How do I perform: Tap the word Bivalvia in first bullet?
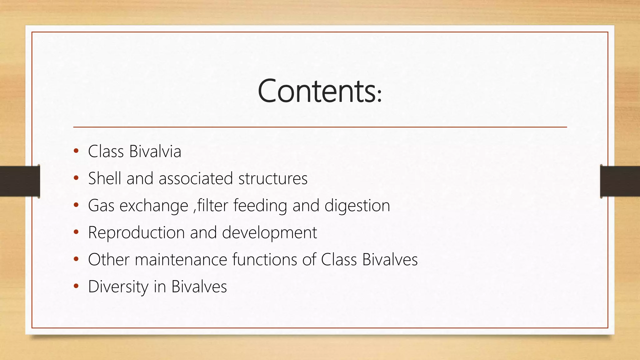155,152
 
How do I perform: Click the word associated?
196,178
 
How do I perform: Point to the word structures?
273,178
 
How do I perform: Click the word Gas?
101,206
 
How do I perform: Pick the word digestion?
357,206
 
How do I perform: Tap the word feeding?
260,206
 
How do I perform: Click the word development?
269,233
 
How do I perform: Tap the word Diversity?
118,287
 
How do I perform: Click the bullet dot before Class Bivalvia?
76,152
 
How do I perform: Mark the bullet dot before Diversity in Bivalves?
76,286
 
